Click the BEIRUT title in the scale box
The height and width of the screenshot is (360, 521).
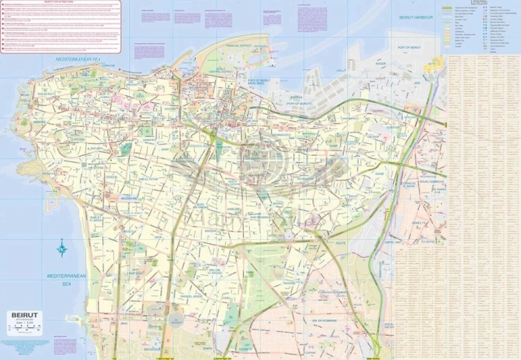23,315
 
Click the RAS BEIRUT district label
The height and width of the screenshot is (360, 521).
47,93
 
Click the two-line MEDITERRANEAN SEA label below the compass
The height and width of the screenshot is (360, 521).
66,279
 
